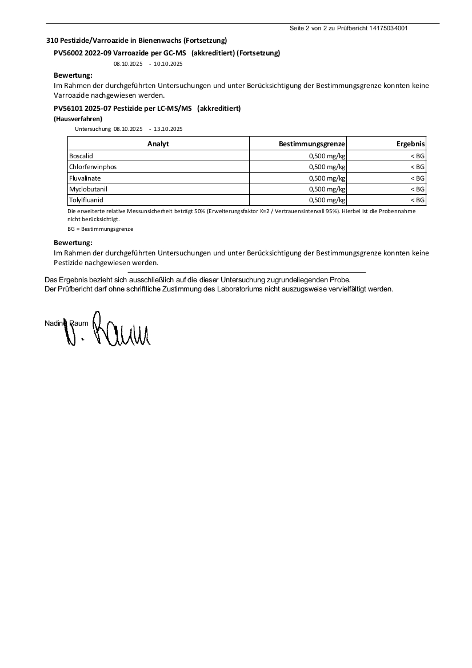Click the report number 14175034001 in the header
pos(389,28)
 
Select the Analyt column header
pos(158,144)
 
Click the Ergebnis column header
pos(411,144)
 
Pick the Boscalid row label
pos(81,156)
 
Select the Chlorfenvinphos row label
pos(92,167)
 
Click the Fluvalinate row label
pos(85,178)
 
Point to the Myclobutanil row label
pos(88,189)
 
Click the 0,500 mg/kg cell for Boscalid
pos(327,156)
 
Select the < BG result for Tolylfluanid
pos(417,201)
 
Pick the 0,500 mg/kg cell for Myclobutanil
pos(327,189)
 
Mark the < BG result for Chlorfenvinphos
pos(417,167)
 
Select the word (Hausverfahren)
pos(78,119)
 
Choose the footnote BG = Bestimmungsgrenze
pos(100,229)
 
